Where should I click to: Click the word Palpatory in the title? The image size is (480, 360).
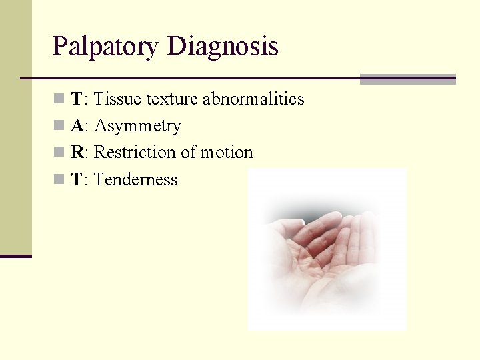[x=106, y=47]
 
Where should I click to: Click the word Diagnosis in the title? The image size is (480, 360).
[x=223, y=47]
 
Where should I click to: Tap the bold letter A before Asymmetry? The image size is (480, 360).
[x=77, y=126]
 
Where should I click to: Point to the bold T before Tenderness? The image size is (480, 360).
[x=77, y=179]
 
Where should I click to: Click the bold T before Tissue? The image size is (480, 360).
[x=77, y=99]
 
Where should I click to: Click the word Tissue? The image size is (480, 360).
[x=117, y=99]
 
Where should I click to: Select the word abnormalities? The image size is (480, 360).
[x=253, y=99]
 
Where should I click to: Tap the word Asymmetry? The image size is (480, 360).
[x=138, y=126]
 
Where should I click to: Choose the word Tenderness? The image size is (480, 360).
[x=136, y=179]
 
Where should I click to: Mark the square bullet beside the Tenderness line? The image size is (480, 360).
[x=59, y=179]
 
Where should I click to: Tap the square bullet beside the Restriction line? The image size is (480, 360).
[x=59, y=153]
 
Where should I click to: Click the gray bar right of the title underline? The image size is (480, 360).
[x=407, y=79]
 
